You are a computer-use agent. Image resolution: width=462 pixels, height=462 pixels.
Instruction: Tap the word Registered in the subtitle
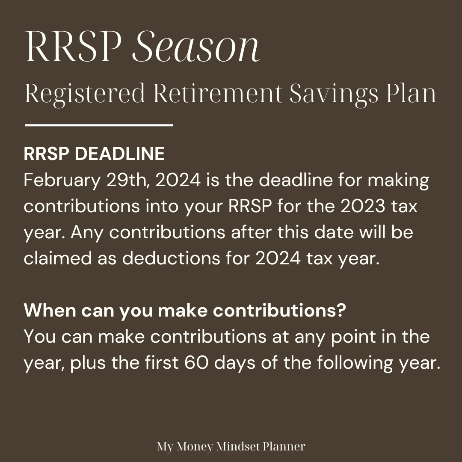(x=85, y=94)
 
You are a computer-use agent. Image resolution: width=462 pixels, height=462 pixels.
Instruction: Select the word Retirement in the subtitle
(x=218, y=93)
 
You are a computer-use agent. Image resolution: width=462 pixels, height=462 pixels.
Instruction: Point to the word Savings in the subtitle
(x=334, y=94)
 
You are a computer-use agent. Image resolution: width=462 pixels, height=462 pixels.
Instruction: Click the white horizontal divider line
(x=99, y=125)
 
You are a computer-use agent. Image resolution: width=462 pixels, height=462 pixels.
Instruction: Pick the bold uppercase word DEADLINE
(x=120, y=154)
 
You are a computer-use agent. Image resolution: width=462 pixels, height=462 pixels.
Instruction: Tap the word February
(x=62, y=181)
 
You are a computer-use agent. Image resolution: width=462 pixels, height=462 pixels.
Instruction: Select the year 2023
(x=363, y=206)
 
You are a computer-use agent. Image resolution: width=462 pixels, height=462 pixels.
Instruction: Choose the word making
(x=398, y=181)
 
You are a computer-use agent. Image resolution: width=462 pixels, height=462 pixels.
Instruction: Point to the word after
(x=251, y=232)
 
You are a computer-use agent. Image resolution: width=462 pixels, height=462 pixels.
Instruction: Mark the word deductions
(x=171, y=258)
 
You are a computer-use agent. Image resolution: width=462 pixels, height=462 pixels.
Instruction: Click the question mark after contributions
(x=341, y=310)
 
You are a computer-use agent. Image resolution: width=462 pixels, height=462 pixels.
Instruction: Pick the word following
(x=355, y=363)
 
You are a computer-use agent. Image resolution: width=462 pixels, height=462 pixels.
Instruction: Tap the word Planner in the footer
(x=284, y=446)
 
